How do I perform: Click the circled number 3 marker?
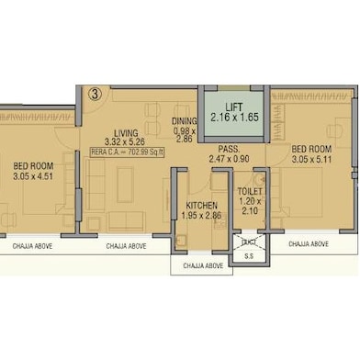point(94,93)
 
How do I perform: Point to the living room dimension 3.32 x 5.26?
point(124,142)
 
